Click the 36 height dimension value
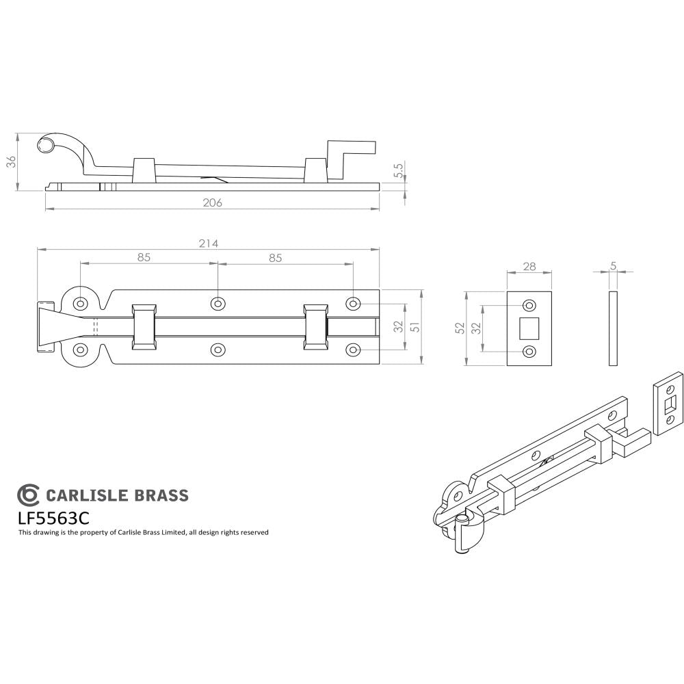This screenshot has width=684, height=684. pos(10,161)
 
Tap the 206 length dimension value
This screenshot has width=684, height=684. pos(213,202)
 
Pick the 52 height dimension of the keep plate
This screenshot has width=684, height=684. pos(459,328)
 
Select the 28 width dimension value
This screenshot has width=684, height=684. pos(529,266)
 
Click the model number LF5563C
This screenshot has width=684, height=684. pos(55,517)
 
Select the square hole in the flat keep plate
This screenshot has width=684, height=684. pos(529,328)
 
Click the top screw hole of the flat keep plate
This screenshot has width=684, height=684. pos(529,305)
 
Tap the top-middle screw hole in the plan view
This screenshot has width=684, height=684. pos(218,303)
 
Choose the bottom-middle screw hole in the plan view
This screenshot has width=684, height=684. pos(218,350)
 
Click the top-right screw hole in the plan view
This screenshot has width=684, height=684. pos(353,303)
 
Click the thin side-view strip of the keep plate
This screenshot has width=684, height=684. pos(613,328)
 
